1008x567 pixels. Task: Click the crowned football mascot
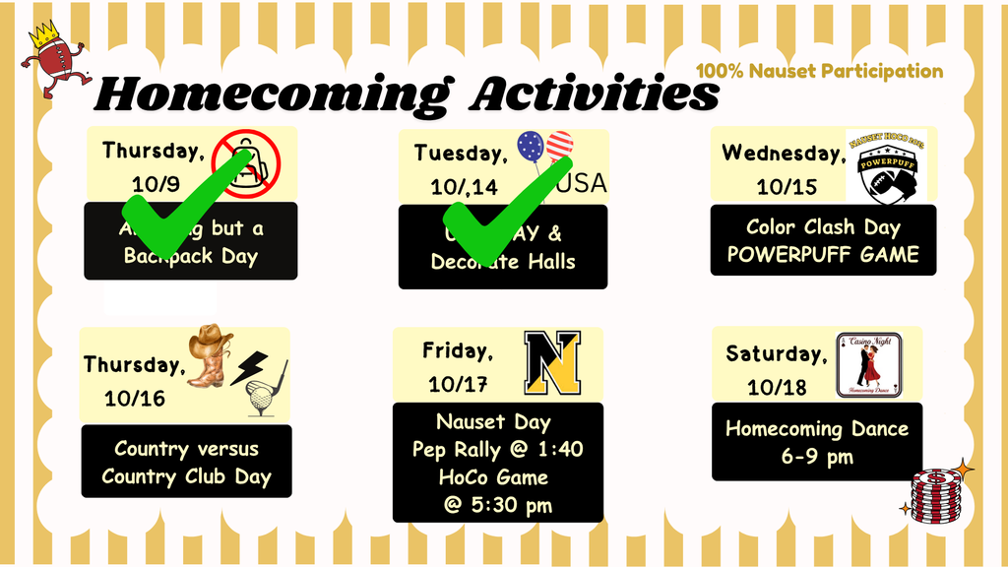pyautogui.click(x=53, y=61)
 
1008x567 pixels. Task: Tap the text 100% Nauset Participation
pyautogui.click(x=819, y=71)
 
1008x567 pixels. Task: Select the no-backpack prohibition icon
pyautogui.click(x=247, y=163)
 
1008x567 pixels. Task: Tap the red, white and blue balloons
pyautogui.click(x=544, y=149)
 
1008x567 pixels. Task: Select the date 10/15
pyautogui.click(x=787, y=187)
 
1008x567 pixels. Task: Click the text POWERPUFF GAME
pyautogui.click(x=823, y=255)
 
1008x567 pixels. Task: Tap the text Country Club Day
pyautogui.click(x=186, y=478)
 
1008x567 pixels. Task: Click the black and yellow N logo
pyautogui.click(x=552, y=362)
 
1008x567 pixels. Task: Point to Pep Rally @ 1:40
pyautogui.click(x=498, y=450)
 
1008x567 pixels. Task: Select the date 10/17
pyautogui.click(x=459, y=384)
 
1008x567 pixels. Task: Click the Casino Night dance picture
pyautogui.click(x=868, y=365)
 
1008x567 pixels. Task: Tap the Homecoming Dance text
pyautogui.click(x=817, y=429)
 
